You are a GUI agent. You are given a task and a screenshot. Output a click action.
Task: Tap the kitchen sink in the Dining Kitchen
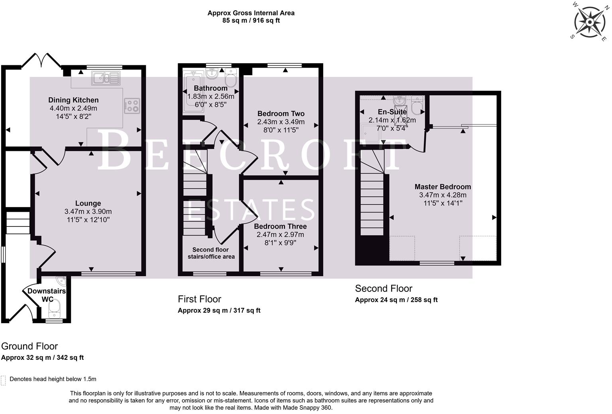click(x=106, y=78)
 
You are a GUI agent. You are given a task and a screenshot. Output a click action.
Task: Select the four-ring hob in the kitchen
click(x=132, y=105)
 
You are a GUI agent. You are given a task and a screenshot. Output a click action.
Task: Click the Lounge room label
click(x=88, y=203)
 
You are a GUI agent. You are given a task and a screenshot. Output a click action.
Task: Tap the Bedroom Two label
click(x=281, y=113)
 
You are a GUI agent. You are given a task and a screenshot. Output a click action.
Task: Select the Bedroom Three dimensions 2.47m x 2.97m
click(x=280, y=235)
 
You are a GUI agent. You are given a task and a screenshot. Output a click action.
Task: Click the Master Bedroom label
click(x=443, y=187)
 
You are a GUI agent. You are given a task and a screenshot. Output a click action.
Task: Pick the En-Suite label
click(x=392, y=112)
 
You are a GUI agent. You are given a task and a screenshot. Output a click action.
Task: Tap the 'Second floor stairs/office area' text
click(x=211, y=253)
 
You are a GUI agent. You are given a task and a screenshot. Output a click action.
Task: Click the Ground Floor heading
click(x=29, y=346)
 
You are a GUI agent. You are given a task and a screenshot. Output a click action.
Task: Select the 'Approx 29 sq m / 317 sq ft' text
click(x=219, y=310)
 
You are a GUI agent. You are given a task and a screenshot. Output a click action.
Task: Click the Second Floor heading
click(x=383, y=289)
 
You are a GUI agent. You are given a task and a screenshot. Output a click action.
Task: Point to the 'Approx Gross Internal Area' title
click(x=251, y=13)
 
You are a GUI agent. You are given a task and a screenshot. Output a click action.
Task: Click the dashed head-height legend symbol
click(x=4, y=380)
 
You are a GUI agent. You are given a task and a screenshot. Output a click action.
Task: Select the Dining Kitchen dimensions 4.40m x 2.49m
click(x=73, y=108)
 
